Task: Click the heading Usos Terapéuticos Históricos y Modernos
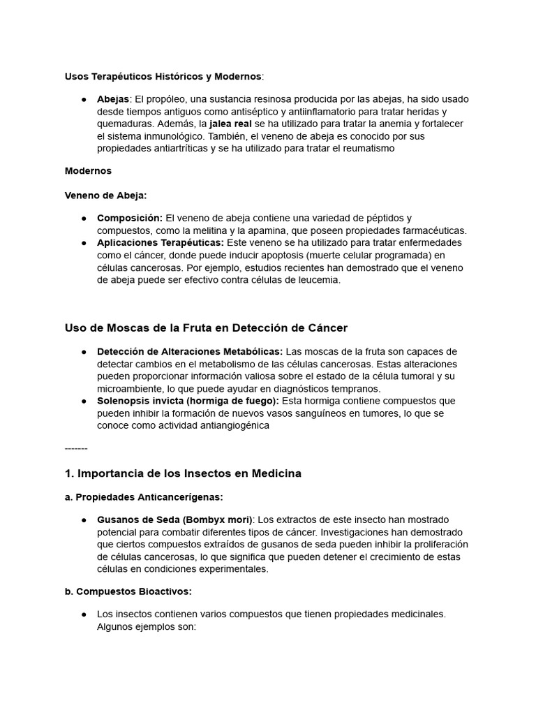[163, 75]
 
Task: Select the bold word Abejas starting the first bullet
[113, 99]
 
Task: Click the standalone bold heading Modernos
[88, 170]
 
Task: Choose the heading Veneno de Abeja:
[105, 196]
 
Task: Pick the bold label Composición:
[130, 219]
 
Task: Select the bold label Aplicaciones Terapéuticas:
[161, 243]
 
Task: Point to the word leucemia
[315, 280]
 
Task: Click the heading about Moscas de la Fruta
[206, 327]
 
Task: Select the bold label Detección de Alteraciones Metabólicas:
[190, 351]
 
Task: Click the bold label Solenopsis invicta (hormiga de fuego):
[188, 401]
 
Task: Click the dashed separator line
[76, 448]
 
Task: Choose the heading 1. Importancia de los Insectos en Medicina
[183, 473]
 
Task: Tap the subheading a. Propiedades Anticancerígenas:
[144, 497]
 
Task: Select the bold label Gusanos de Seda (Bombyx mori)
[176, 520]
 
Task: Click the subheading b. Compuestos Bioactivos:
[128, 591]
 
